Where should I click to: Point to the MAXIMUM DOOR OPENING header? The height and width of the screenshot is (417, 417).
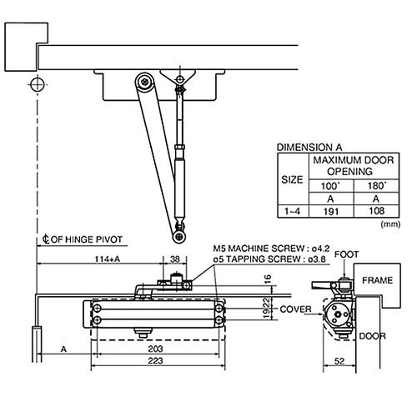click(349, 165)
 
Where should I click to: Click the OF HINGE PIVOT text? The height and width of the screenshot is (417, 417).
click(87, 239)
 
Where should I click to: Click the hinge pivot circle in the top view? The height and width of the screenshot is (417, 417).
click(36, 83)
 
